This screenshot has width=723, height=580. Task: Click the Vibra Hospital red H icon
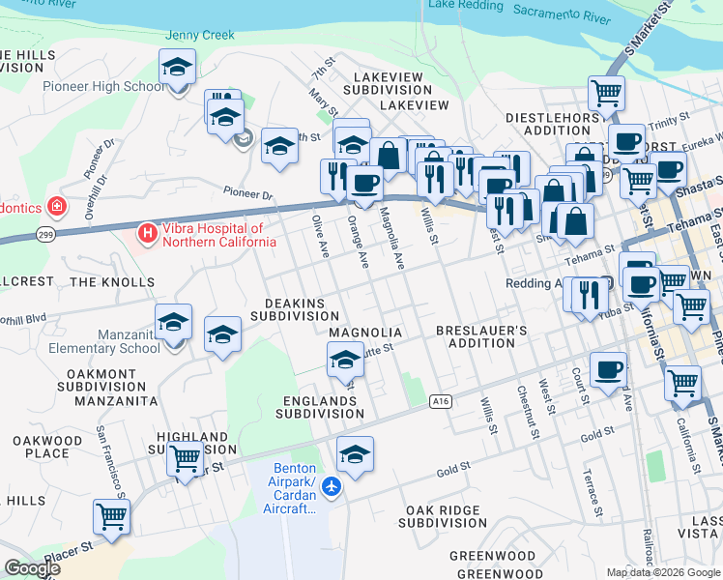(x=147, y=233)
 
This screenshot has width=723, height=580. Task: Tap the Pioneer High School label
(x=103, y=87)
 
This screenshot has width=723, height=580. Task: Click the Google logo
(x=32, y=568)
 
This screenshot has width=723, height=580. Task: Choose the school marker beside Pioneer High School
(x=177, y=68)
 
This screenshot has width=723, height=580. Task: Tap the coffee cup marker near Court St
(x=608, y=370)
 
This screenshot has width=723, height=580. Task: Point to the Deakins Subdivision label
(x=294, y=309)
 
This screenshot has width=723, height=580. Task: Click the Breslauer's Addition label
(x=481, y=336)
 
